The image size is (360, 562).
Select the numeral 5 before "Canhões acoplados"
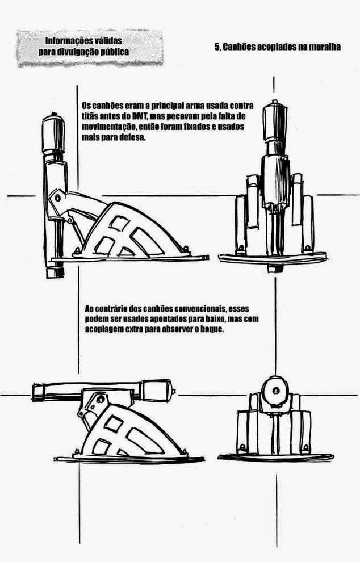(217, 47)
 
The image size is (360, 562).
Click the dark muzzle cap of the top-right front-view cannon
(274, 110)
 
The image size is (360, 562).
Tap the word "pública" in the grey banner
(112, 51)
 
